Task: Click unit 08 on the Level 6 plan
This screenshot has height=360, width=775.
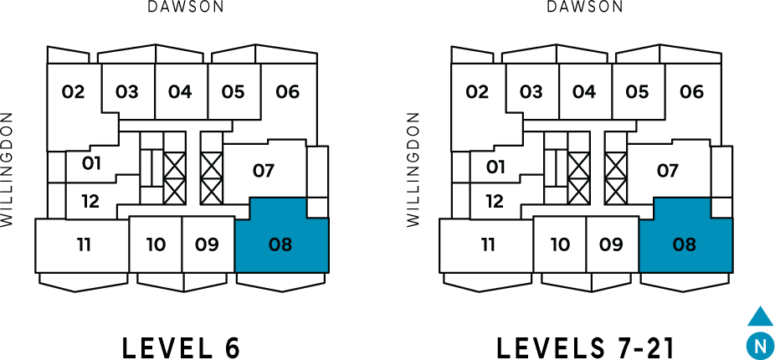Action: pos(280,244)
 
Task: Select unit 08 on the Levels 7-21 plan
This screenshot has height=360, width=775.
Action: pos(685,244)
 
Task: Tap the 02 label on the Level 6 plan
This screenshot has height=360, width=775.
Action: pos(74,92)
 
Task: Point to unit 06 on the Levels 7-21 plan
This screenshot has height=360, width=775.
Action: pos(691,92)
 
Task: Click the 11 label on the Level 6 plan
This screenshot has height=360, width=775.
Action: pos(84,245)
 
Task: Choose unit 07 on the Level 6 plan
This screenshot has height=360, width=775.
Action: pos(264,171)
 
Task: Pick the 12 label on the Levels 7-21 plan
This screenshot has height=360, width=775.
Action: pos(495,201)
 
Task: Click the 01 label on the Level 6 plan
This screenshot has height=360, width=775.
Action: pos(92,163)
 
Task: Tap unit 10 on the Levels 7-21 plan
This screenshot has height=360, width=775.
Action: pos(560,245)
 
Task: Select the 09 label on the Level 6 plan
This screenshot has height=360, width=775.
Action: pos(207,245)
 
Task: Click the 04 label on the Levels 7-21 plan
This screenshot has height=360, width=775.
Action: pos(584,92)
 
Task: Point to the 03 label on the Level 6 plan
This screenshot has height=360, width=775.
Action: pos(127,92)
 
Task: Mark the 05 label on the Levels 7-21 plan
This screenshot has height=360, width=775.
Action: pos(637,92)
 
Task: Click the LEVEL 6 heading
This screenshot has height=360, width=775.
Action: pos(181,347)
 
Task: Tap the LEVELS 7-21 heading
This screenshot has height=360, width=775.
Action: pos(584,347)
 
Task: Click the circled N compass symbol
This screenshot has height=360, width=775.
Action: pos(759,345)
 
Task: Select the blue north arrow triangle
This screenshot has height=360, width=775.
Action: pos(760,317)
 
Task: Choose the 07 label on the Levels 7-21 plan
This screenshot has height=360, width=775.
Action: pos(667,171)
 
